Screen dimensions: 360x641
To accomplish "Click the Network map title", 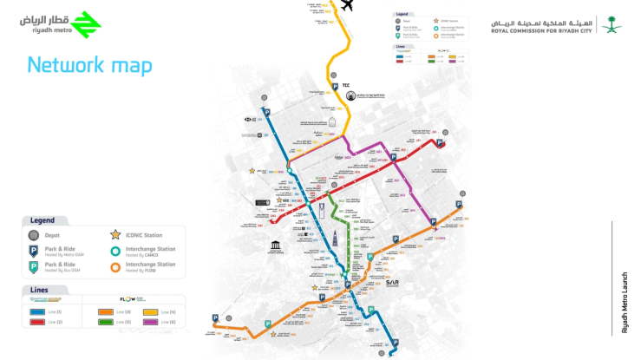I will click(x=89, y=65).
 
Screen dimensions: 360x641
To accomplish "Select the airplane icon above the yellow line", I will click(x=349, y=6).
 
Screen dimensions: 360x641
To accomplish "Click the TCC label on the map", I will click(x=346, y=85).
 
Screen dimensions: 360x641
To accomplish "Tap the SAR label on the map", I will click(x=392, y=282).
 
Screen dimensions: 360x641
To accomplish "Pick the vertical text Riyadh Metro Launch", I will click(x=624, y=302).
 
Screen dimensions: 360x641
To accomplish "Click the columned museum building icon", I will click(x=275, y=247).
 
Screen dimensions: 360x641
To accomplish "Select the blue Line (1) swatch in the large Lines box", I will click(x=38, y=311).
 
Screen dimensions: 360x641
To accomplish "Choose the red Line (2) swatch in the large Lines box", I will click(x=38, y=321).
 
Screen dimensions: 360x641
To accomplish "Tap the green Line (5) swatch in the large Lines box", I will click(x=106, y=321).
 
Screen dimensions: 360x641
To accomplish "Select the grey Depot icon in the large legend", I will click(x=34, y=235).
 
